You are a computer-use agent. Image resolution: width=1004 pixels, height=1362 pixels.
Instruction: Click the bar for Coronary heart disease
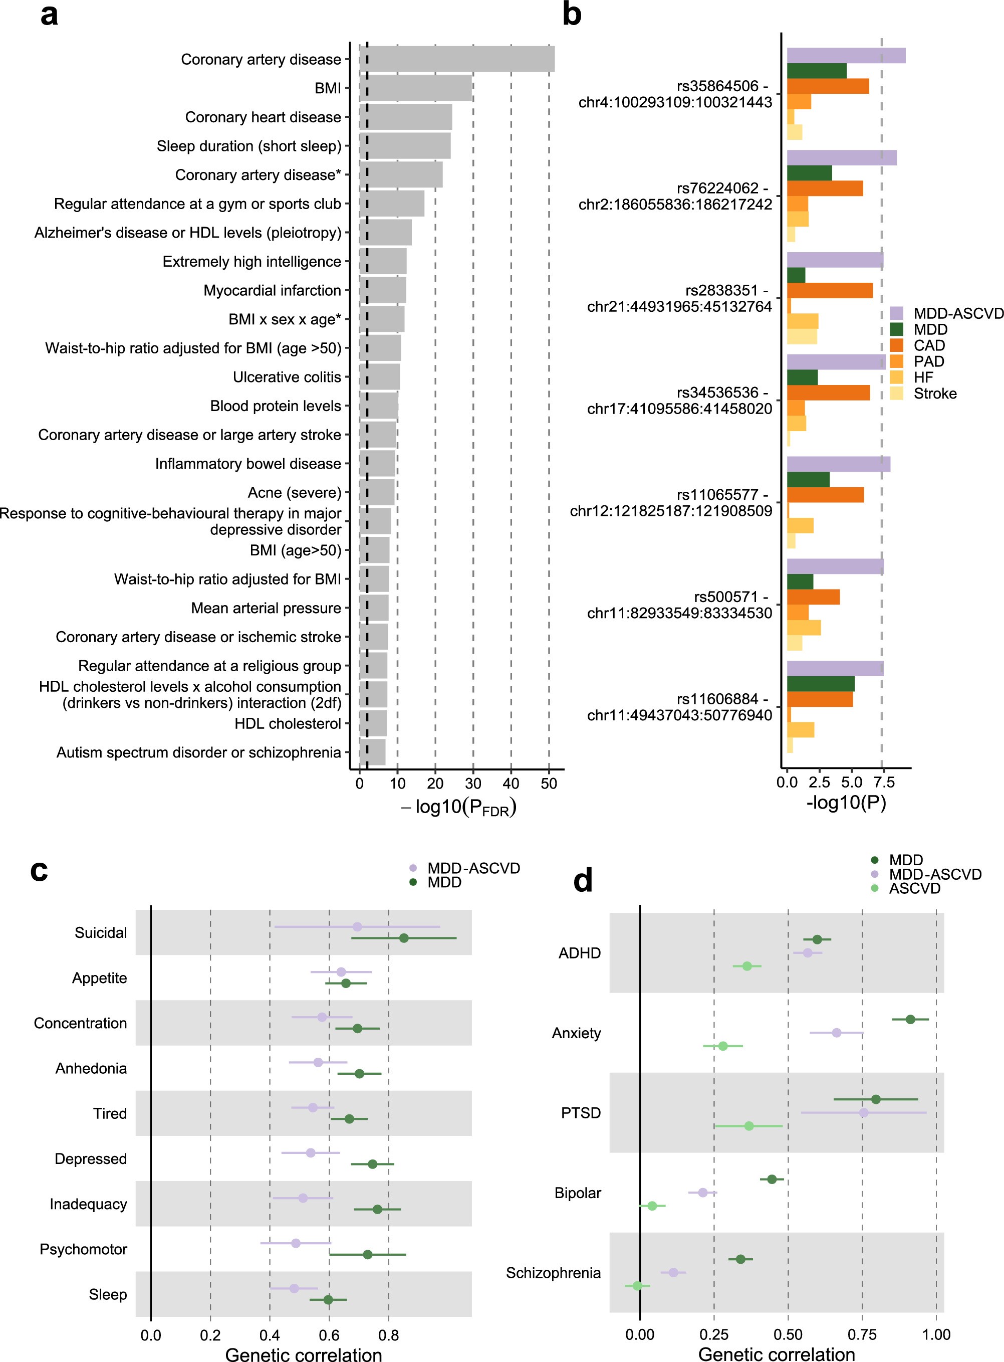(406, 117)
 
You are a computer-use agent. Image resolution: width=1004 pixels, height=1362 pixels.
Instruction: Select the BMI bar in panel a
(416, 88)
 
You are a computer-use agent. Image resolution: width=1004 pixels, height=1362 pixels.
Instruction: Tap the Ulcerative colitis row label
(287, 377)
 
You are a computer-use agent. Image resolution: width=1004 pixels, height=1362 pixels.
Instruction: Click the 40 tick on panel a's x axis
(511, 784)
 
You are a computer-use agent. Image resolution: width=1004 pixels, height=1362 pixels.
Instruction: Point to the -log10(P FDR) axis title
(459, 808)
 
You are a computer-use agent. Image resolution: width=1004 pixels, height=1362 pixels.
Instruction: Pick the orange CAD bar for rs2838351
(830, 291)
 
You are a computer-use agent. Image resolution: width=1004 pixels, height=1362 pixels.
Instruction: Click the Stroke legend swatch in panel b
(896, 394)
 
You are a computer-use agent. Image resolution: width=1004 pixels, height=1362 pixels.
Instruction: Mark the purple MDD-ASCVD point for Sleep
(294, 1288)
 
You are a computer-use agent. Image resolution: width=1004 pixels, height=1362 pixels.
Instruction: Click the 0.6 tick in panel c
(329, 1336)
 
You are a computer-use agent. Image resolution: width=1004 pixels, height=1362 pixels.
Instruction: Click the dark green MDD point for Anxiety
(910, 1019)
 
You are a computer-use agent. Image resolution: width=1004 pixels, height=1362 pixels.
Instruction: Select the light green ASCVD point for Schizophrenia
(637, 1285)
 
